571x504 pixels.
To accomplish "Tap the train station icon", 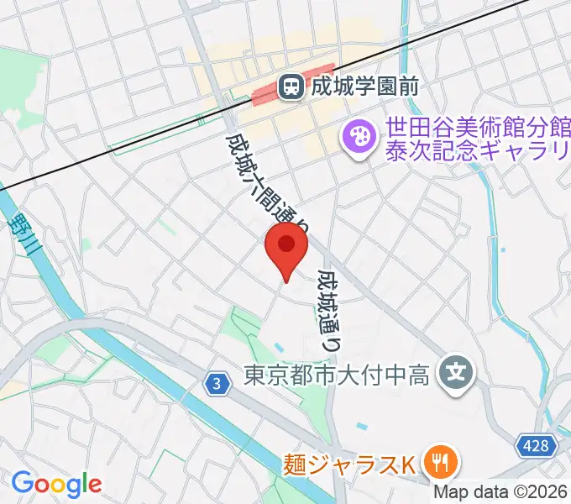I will tap(291, 85).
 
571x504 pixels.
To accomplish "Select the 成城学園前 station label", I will tap(363, 86).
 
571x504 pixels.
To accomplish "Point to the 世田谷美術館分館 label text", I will tap(477, 129).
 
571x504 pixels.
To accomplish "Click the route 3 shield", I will tap(217, 383).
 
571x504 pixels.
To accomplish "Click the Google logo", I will tap(56, 484).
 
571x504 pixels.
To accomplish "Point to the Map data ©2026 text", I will tap(500, 493).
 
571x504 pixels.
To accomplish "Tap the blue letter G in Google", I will tap(22, 483).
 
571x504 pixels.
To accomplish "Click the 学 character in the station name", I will tap(363, 86).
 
